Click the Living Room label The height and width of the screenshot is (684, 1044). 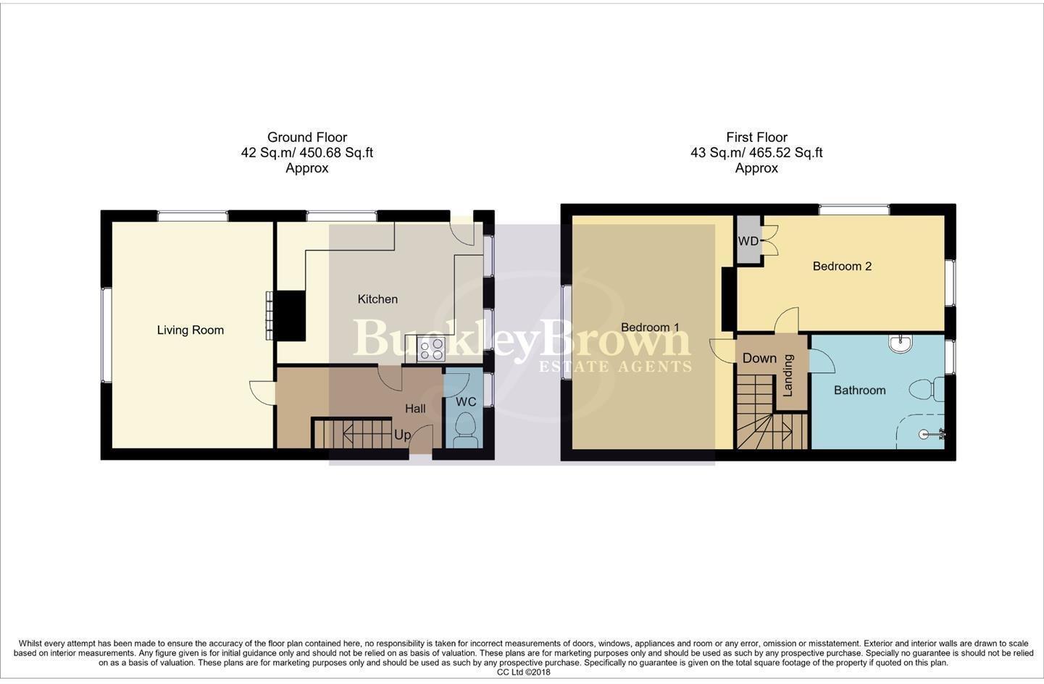tap(190, 330)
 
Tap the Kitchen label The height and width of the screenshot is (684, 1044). tap(377, 299)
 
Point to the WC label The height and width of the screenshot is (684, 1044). tap(466, 402)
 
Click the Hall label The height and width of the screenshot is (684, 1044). tap(415, 409)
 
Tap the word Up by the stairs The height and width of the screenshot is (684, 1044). tap(402, 435)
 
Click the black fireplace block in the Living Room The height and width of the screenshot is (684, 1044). tap(293, 315)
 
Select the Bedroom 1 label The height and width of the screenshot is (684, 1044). tap(650, 328)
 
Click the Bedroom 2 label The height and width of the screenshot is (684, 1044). tap(842, 266)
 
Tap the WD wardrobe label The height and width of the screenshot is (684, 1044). tap(748, 241)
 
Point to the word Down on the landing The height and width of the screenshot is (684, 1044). tap(759, 358)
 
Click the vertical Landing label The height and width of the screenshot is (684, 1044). tap(788, 375)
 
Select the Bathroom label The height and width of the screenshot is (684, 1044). tap(859, 391)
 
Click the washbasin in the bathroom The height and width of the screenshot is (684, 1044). tap(901, 343)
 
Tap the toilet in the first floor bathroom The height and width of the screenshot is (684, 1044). tap(927, 390)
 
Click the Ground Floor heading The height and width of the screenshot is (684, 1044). tap(307, 137)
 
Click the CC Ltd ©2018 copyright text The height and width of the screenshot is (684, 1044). tap(523, 672)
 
